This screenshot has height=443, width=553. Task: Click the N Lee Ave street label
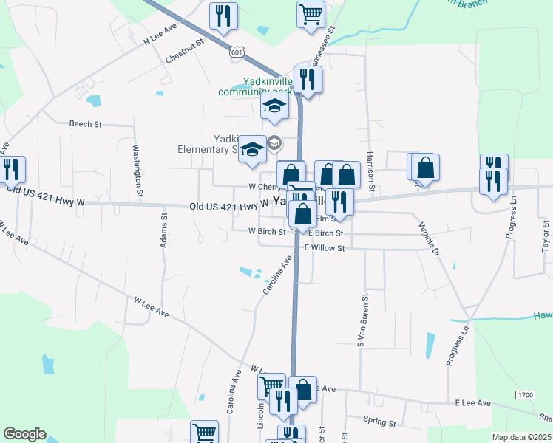(161, 34)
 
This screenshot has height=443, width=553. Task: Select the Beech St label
(85, 124)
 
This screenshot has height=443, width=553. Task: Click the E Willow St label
(325, 249)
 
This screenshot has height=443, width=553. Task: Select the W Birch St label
(268, 231)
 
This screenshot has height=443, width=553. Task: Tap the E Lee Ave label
(473, 403)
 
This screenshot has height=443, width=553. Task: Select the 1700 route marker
(525, 396)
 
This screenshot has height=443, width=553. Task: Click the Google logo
(24, 434)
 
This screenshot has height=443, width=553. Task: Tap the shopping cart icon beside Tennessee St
(311, 13)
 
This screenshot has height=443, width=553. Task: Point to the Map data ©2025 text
(521, 437)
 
